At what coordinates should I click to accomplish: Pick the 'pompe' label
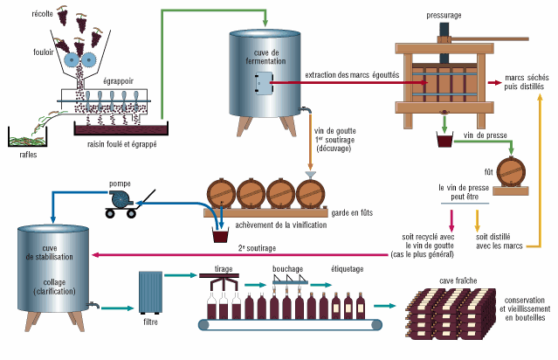[120, 184]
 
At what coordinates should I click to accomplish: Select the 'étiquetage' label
[348, 269]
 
